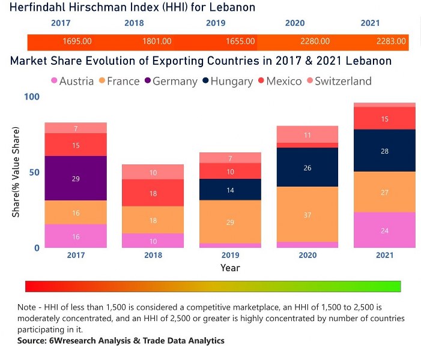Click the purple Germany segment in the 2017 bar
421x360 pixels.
pos(76,178)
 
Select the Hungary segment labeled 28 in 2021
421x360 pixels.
pos(384,151)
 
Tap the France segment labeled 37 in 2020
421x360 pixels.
pos(307,214)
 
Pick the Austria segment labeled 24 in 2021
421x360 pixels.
pos(384,230)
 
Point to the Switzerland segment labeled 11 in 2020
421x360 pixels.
pos(307,134)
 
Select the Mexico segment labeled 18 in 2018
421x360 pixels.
pos(153,193)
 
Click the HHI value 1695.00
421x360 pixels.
pos(77,41)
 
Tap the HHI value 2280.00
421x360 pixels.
pos(315,41)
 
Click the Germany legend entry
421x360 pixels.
pos(171,81)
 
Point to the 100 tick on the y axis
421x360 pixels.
pos(31,97)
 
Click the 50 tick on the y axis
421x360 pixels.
pos(34,172)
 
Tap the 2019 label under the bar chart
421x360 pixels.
pos(230,255)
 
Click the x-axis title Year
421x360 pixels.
pos(230,268)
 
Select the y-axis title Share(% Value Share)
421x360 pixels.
pos(16,172)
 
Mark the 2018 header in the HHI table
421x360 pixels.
pos(134,23)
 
